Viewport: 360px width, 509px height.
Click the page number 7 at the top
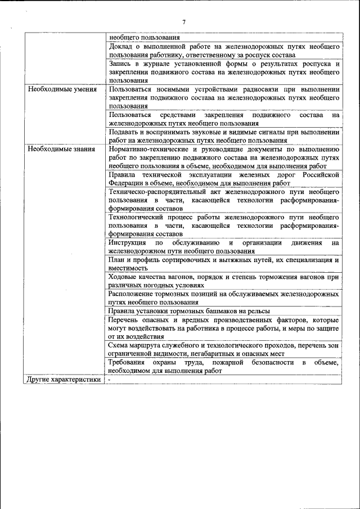183,22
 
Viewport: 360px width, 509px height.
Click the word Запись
121,64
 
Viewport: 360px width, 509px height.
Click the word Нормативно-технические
148,150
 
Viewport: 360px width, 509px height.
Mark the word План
117,260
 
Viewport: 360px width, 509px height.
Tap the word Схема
119,345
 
